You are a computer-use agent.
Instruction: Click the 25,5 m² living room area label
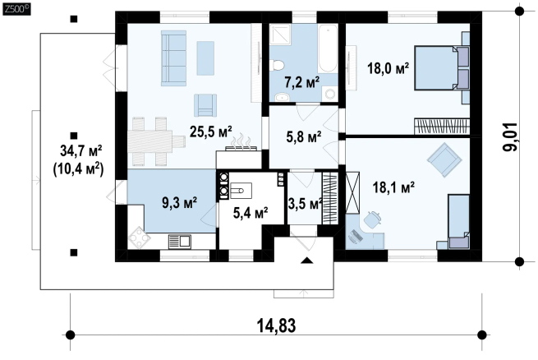pos(210,132)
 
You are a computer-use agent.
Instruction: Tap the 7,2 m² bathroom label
pos(302,82)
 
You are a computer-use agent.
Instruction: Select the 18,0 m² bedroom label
pos(388,68)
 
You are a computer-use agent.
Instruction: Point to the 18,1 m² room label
pos(393,187)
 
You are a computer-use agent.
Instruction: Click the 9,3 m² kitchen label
pos(179,202)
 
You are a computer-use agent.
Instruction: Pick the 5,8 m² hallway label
pos(304,137)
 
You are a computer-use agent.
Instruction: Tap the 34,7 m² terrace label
pos(81,150)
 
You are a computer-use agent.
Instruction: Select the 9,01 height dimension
pos(510,136)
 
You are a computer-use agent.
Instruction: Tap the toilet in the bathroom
pos(278,65)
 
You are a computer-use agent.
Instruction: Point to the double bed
pos(442,68)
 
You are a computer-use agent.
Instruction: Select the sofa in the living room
pos(173,58)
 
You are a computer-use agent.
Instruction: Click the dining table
pos(156,141)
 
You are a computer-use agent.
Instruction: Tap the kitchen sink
pos(179,242)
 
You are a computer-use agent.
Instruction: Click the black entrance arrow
pos(307,260)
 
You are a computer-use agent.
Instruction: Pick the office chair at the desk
pos(373,219)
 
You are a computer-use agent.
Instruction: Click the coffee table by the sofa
pos(205,58)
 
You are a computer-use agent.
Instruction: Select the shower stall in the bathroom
pos(280,35)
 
